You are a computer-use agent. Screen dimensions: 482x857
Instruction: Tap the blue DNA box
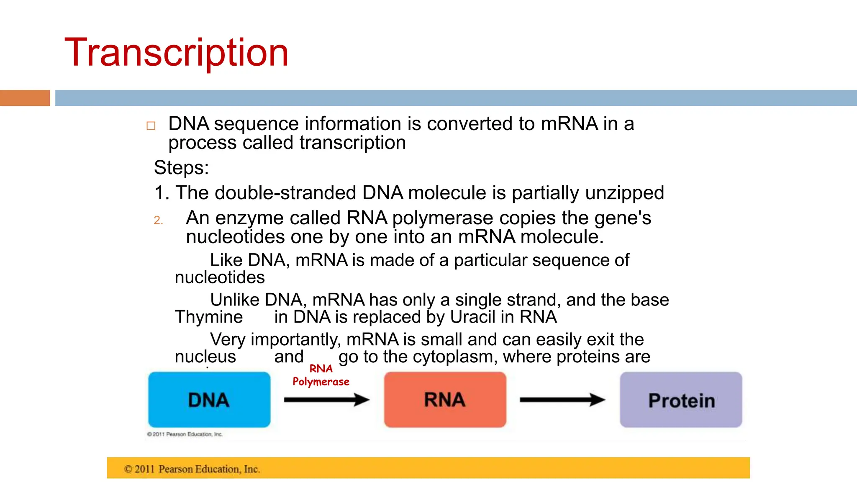pyautogui.click(x=209, y=400)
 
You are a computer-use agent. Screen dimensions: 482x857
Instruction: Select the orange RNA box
pyautogui.click(x=445, y=400)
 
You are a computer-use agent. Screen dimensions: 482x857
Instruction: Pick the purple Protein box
pyautogui.click(x=681, y=400)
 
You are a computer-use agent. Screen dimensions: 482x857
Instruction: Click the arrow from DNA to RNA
pyautogui.click(x=326, y=400)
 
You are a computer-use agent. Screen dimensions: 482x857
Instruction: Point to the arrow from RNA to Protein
pyautogui.click(x=562, y=400)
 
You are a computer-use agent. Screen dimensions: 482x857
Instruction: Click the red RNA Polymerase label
pyautogui.click(x=321, y=375)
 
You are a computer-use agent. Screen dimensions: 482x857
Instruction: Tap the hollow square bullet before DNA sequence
pyautogui.click(x=151, y=126)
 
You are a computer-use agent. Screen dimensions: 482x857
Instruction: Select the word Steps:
pyautogui.click(x=181, y=168)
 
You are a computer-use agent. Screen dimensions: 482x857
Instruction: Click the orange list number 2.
pyautogui.click(x=158, y=220)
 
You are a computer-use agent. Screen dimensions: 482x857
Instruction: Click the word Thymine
pyautogui.click(x=209, y=317)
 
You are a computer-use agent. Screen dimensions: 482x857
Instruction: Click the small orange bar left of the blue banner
pyautogui.click(x=25, y=98)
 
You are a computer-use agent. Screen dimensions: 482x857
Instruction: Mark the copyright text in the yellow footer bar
pyautogui.click(x=192, y=469)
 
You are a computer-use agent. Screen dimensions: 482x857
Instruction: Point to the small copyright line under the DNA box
pyautogui.click(x=185, y=434)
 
